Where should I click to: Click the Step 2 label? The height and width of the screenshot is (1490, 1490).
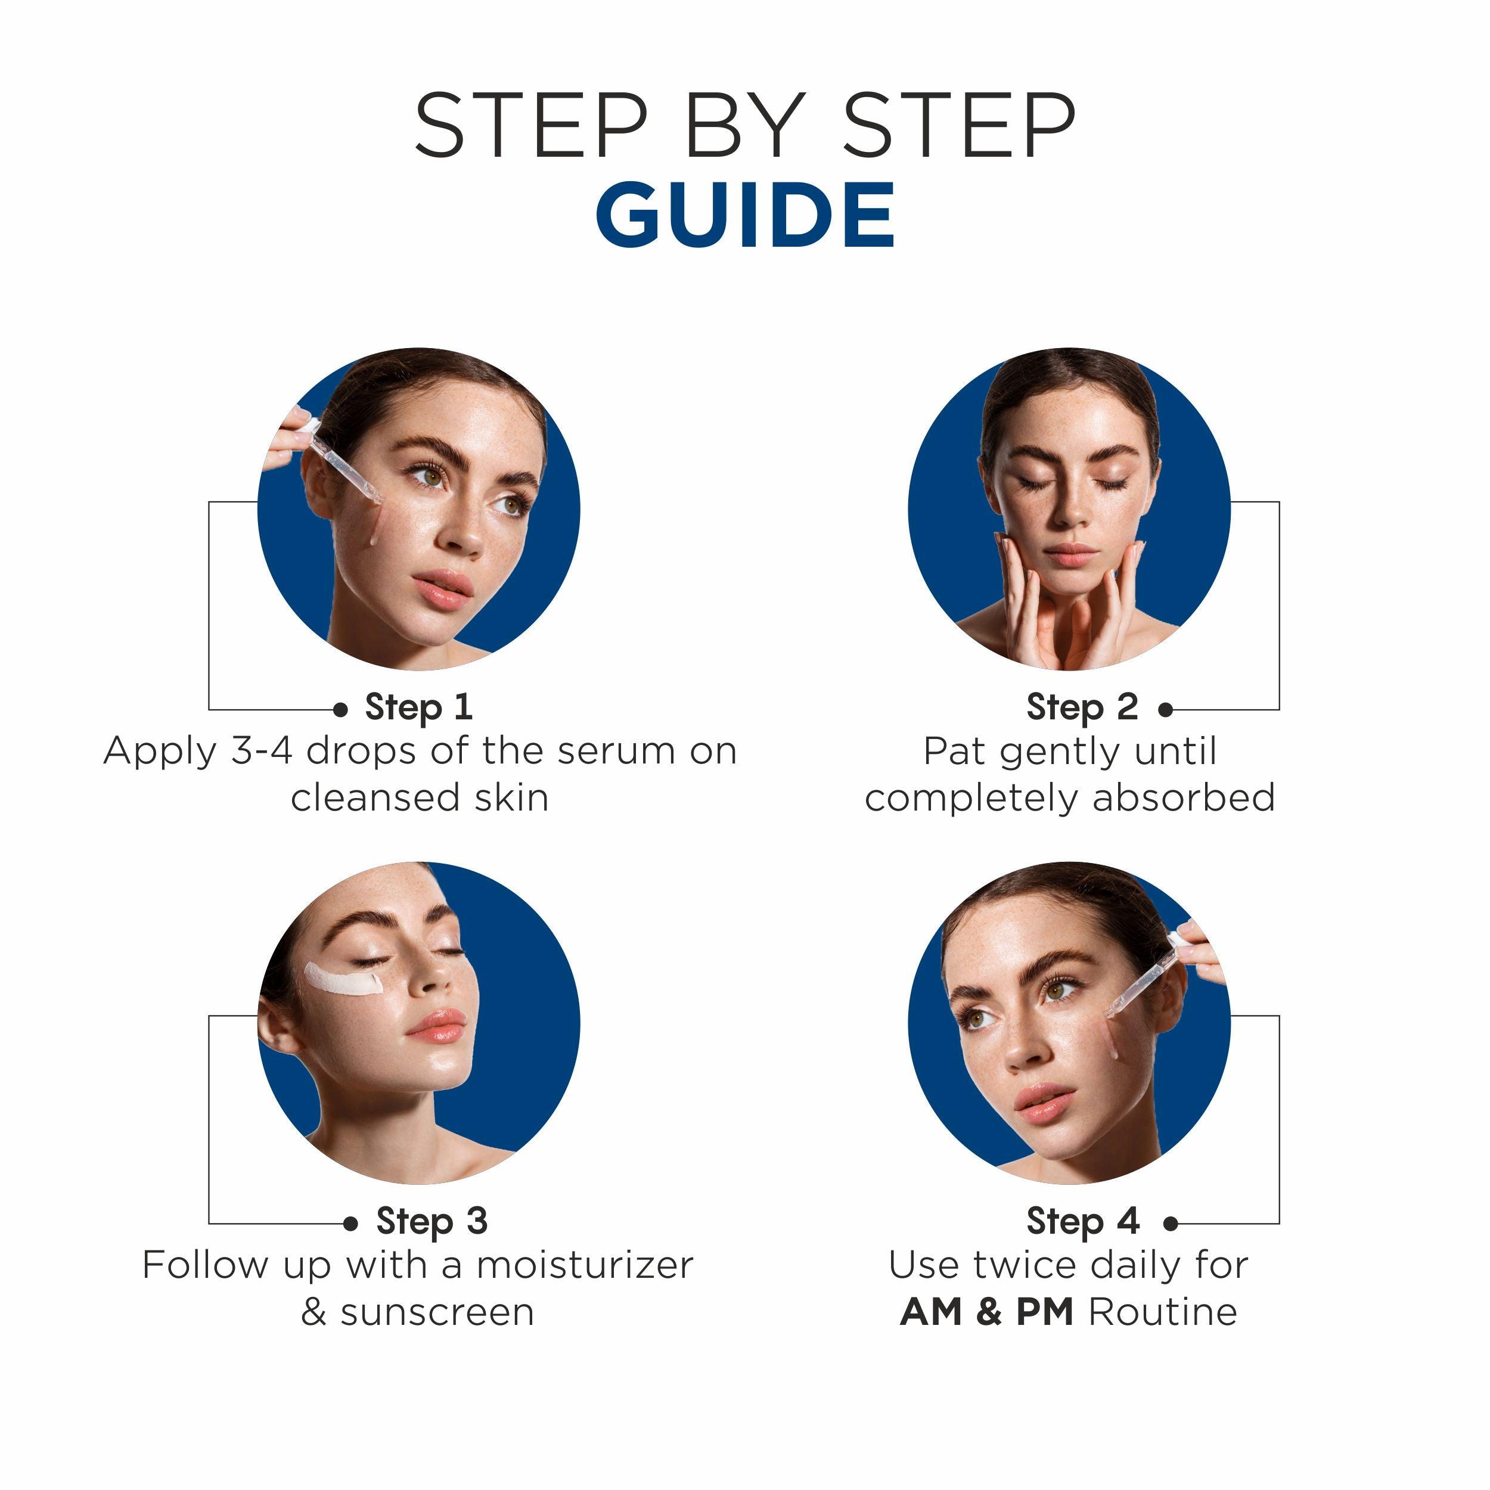pyautogui.click(x=1081, y=707)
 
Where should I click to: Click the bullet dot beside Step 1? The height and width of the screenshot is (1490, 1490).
pyautogui.click(x=340, y=709)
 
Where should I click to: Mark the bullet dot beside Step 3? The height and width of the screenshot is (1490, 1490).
pyautogui.click(x=351, y=1223)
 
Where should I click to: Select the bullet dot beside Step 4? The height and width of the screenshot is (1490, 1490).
pyautogui.click(x=1170, y=1223)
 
